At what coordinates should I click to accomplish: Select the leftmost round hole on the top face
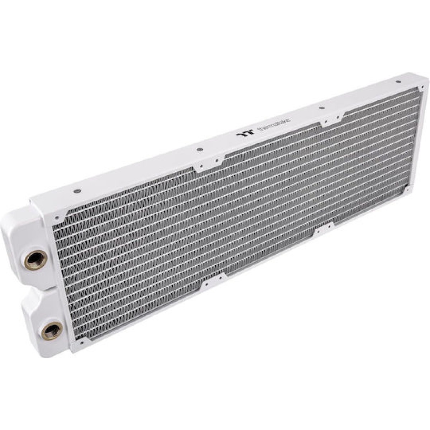coord(77,191)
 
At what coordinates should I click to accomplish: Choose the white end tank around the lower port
coord(39,305)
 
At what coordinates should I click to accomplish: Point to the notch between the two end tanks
coord(27,285)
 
